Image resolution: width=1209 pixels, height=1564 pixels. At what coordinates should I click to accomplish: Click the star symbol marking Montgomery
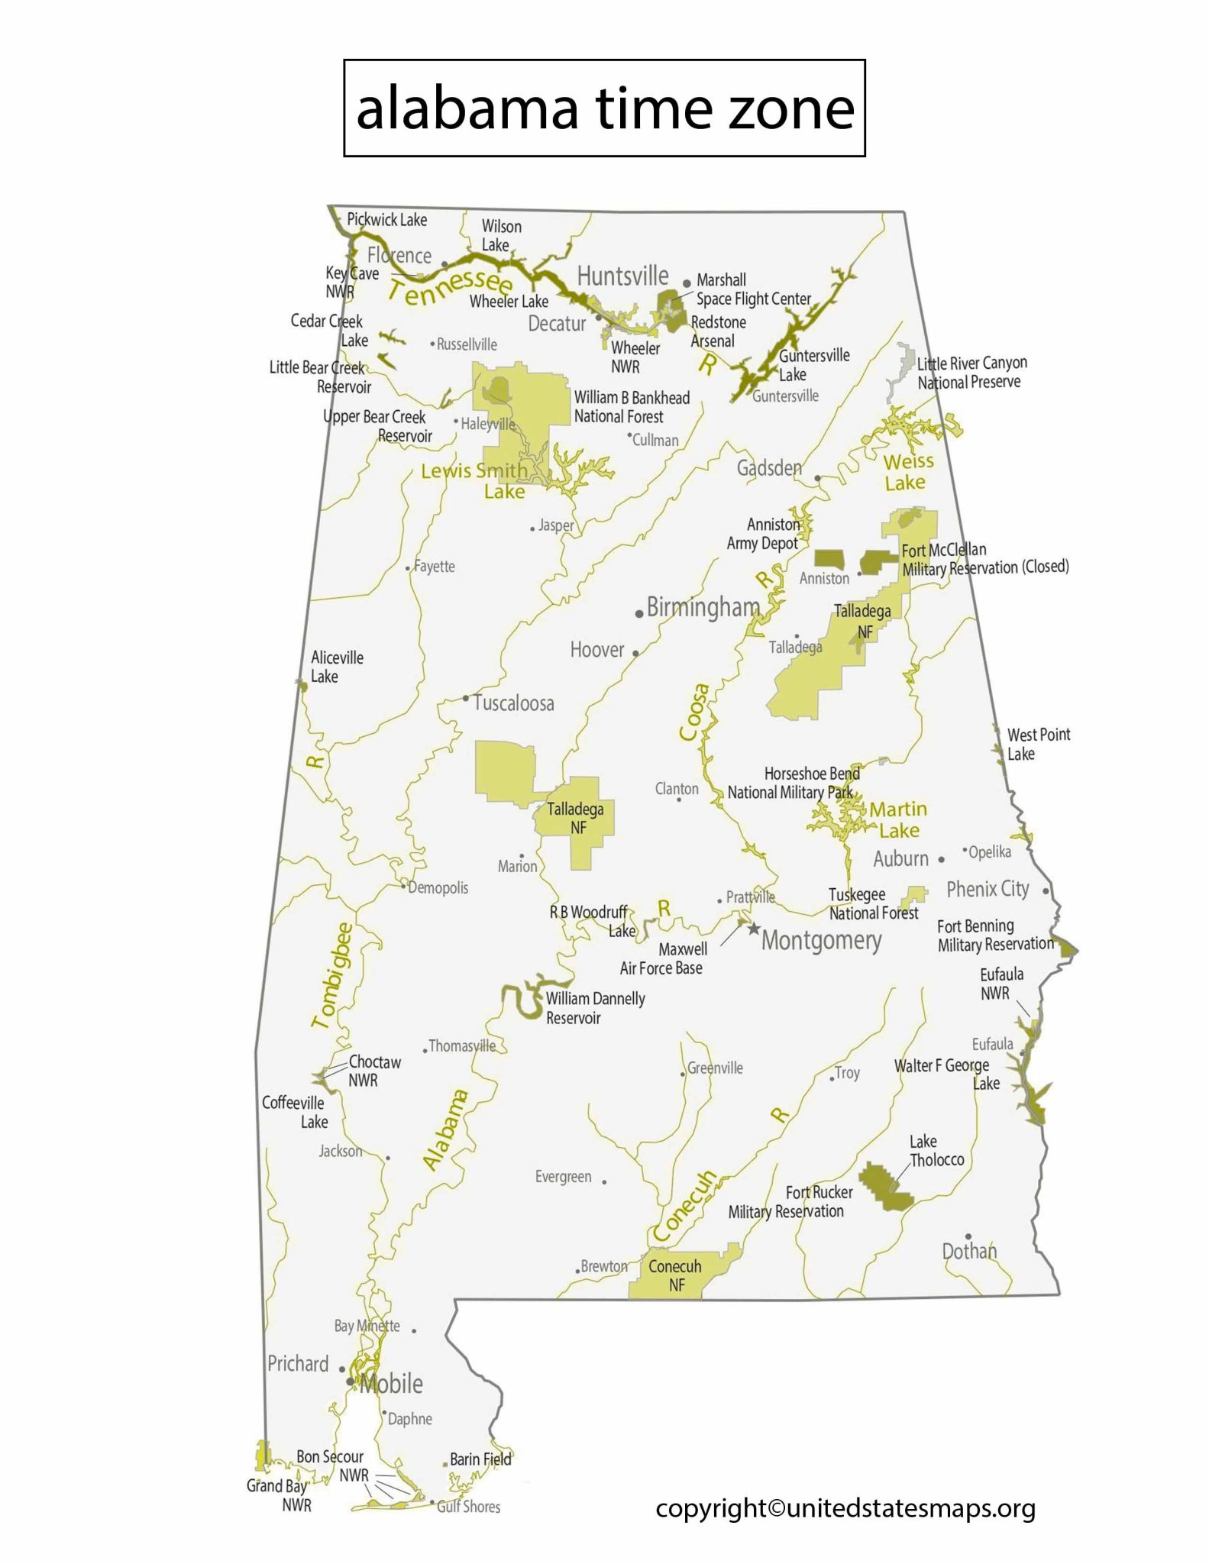754,929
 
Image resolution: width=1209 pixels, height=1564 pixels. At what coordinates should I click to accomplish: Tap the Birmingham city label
703,608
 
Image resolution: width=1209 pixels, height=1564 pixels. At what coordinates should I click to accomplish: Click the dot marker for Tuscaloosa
466,698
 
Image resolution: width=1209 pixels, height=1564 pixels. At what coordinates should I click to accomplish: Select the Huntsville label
622,276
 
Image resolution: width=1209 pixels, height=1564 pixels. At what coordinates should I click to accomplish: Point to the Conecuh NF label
674,1275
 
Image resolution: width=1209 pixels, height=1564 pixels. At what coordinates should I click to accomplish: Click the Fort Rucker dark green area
885,1187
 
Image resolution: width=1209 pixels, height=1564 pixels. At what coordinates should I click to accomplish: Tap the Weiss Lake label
907,472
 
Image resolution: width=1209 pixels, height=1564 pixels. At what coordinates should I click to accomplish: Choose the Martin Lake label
898,819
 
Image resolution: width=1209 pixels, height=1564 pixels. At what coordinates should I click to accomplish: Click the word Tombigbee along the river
333,975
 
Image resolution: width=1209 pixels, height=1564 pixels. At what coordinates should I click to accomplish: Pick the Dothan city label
969,1251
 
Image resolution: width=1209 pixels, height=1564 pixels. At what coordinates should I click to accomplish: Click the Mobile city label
391,1383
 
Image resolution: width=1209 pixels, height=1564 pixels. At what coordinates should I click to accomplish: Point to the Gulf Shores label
468,1507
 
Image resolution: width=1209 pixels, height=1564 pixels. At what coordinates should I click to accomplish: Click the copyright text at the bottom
845,1508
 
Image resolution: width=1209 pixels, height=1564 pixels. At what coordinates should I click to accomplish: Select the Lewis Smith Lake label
475,480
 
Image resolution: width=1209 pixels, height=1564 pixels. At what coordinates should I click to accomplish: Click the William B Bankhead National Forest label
631,407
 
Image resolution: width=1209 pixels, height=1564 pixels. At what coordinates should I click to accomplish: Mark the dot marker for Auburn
941,859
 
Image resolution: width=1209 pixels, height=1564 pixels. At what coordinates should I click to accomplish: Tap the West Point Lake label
1038,744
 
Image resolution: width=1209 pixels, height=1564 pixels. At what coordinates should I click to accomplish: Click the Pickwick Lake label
386,220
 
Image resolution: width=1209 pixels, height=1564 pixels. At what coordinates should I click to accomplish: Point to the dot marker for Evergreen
604,1181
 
